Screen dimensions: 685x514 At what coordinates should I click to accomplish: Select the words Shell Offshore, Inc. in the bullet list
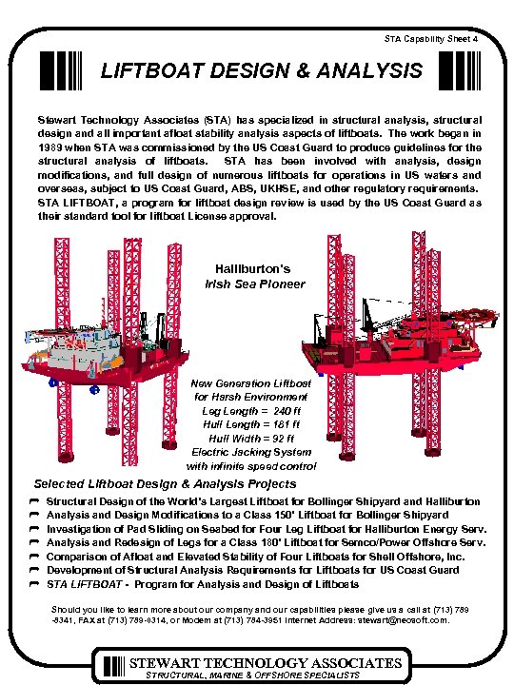[x=420, y=557]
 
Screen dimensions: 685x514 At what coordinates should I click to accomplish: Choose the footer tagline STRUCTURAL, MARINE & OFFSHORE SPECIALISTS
[x=252, y=675]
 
